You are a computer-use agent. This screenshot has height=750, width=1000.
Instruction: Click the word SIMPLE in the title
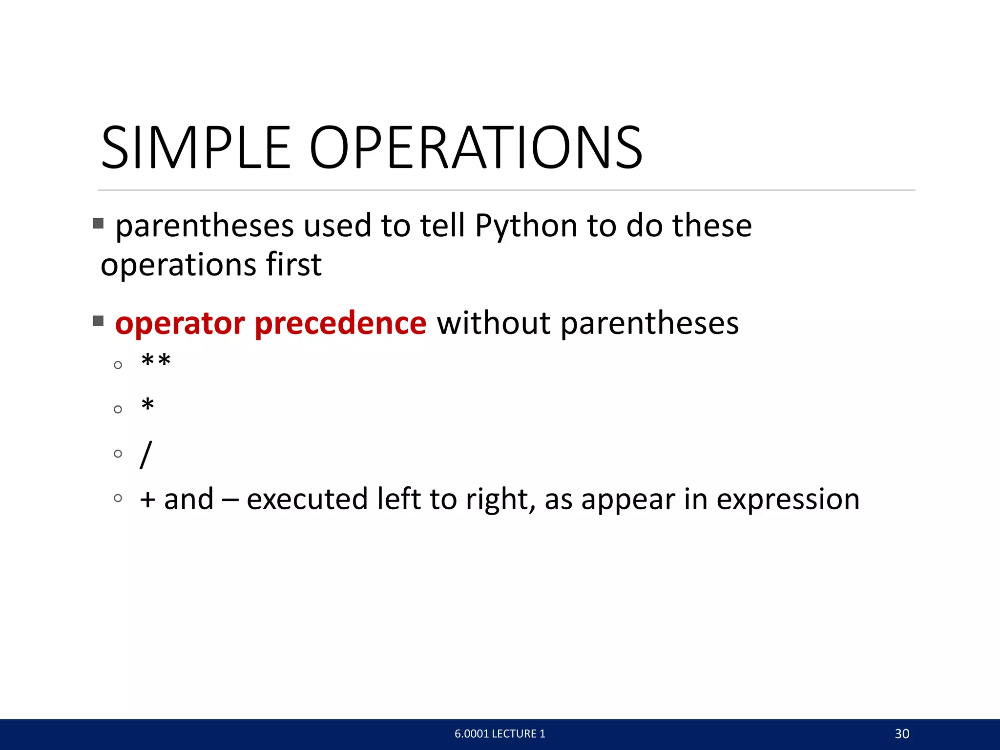point(195,147)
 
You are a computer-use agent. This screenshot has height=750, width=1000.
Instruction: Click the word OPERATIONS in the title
point(476,147)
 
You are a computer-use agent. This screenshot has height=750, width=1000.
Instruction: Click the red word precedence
point(340,323)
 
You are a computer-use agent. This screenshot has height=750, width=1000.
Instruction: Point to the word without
point(494,323)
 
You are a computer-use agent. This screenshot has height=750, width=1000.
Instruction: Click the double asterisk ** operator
point(156,362)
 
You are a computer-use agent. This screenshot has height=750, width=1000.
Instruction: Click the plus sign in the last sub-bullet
point(147,500)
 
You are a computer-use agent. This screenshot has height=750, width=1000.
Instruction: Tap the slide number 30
point(902,734)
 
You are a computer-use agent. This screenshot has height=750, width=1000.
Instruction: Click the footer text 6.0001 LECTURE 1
point(500,734)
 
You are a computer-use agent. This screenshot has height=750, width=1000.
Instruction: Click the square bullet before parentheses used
point(98,224)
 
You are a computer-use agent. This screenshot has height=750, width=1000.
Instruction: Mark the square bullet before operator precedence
point(98,321)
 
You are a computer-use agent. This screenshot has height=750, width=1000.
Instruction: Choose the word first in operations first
point(293,265)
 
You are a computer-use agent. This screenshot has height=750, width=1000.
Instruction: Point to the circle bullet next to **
point(118,365)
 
